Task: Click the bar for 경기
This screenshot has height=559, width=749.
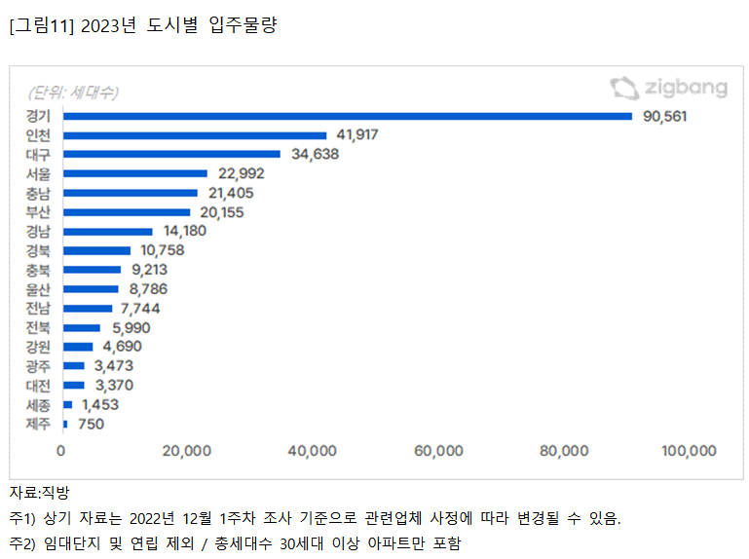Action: (x=348, y=116)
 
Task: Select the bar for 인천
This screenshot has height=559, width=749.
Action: (x=195, y=135)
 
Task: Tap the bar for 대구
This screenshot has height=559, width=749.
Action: (x=171, y=154)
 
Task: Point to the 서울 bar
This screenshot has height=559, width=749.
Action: (x=135, y=173)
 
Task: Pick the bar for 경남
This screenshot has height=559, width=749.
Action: (x=107, y=231)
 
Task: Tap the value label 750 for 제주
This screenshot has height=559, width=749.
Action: (x=90, y=424)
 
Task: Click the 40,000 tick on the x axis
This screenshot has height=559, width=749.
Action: (x=313, y=450)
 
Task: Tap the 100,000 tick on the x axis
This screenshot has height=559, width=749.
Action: (x=689, y=450)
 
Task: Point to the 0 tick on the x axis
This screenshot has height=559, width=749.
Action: (x=61, y=450)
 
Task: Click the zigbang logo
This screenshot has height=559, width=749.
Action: (x=668, y=89)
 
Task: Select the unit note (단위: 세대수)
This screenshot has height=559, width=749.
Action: (x=73, y=93)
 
